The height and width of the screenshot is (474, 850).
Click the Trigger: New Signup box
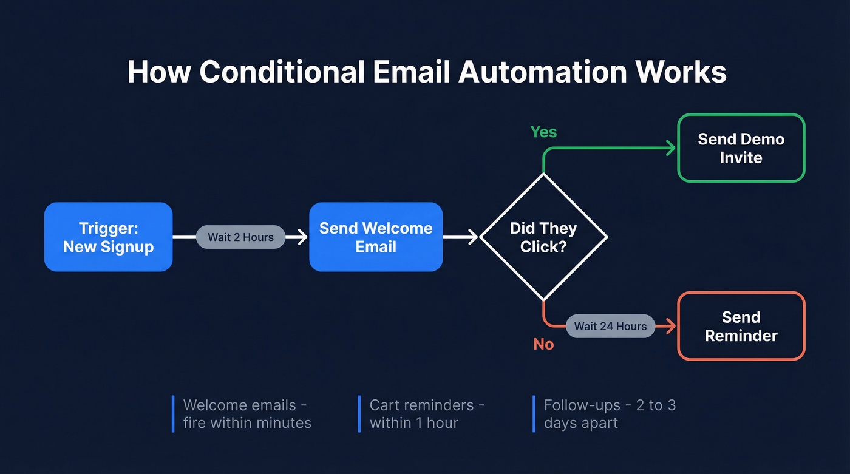[108, 237]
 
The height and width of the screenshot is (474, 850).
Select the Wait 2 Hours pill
[240, 237]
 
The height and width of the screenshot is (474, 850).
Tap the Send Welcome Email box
[376, 237]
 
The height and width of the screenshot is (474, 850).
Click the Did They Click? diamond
[543, 237]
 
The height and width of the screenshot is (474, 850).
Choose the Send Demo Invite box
[741, 148]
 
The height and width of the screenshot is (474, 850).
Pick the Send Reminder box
[741, 327]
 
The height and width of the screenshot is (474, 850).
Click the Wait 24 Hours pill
[610, 326]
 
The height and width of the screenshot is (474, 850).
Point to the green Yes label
[543, 132]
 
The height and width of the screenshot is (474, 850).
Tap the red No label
[543, 344]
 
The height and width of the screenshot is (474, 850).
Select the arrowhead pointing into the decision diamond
[474, 237]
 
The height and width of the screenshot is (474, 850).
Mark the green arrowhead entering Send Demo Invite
[671, 148]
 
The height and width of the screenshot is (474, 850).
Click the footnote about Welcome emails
[247, 414]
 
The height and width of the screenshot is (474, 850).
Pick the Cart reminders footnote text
[427, 414]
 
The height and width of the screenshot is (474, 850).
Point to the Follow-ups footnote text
[609, 414]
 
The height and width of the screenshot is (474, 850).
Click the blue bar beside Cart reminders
[359, 414]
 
